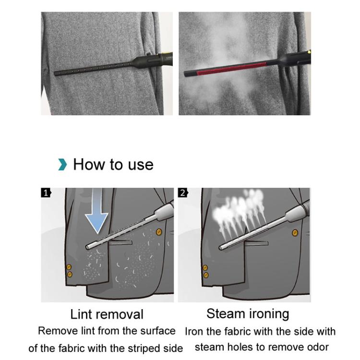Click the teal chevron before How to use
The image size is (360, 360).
pos(62,165)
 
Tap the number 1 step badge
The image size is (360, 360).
pos(46,193)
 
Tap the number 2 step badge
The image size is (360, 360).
pos(183,193)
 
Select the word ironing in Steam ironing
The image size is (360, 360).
pos(268,314)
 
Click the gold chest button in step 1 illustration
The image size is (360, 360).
pos(159,232)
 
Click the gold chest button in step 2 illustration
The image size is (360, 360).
pos(295,233)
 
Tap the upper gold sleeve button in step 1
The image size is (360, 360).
pos(69,267)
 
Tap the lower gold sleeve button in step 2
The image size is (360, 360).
pos(206,275)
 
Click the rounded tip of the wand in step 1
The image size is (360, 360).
pos(88,247)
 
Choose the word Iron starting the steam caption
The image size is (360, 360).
pos(195,331)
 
